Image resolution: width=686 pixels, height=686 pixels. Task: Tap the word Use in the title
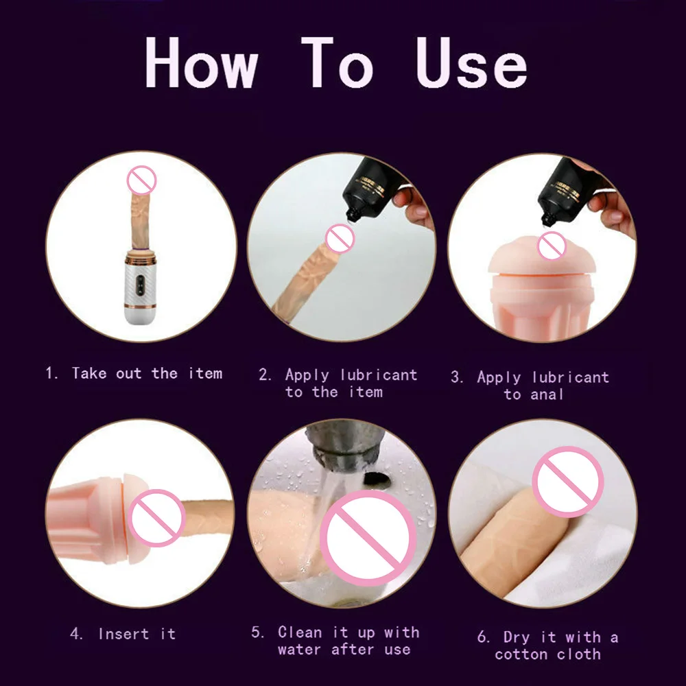[472, 62]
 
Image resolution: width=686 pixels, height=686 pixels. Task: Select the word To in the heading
[337, 62]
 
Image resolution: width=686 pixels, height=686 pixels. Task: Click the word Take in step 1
[89, 373]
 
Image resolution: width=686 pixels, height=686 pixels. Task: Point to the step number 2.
[265, 375]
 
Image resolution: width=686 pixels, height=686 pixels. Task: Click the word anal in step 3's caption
[547, 394]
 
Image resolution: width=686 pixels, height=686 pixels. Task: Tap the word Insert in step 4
[123, 633]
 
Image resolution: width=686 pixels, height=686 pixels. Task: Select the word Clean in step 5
[300, 632]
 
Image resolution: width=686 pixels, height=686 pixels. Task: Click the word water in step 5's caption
[300, 650]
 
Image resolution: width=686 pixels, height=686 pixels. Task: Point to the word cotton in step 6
[521, 654]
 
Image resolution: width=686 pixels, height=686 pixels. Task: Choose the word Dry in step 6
[517, 637]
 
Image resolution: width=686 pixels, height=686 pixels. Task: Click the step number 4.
[77, 633]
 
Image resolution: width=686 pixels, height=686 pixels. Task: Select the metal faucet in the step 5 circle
[346, 447]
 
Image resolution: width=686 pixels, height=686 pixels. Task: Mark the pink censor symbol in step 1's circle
[141, 180]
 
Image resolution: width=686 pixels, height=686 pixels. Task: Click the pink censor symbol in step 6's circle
[568, 482]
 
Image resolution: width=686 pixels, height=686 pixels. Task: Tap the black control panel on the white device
[141, 285]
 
